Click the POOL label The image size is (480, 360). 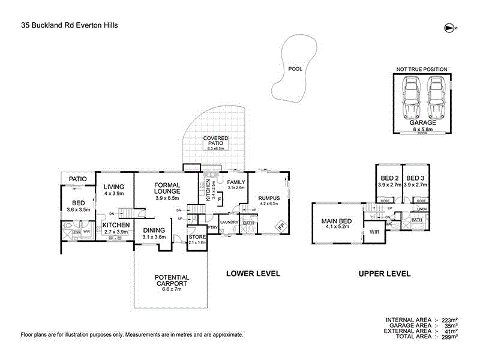pyautogui.click(x=295, y=68)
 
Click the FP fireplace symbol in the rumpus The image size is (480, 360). pyautogui.click(x=280, y=226)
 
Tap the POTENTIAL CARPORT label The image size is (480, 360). pyautogui.click(x=172, y=280)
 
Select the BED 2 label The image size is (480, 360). pyautogui.click(x=389, y=178)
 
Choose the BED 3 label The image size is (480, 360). pyautogui.click(x=415, y=178)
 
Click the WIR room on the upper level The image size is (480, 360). pyautogui.click(x=375, y=232)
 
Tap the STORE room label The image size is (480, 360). pyautogui.click(x=197, y=237)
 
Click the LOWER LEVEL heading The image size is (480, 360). pyautogui.click(x=253, y=274)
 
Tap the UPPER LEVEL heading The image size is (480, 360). pyautogui.click(x=385, y=274)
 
